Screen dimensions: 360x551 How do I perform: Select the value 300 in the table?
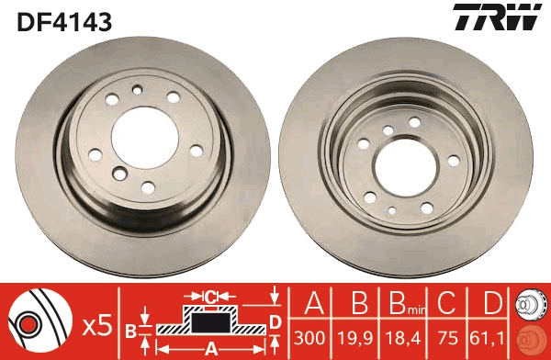click(x=310, y=337)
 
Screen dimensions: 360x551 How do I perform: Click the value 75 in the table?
click(x=445, y=337)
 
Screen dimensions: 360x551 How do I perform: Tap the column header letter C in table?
click(x=445, y=303)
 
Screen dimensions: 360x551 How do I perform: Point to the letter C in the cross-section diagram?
click(x=209, y=296)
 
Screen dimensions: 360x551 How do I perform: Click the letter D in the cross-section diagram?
click(x=275, y=321)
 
